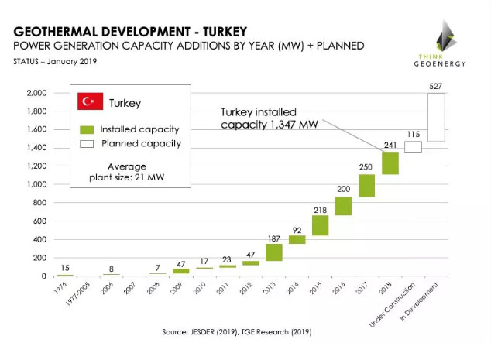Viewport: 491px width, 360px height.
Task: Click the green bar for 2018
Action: tap(390, 163)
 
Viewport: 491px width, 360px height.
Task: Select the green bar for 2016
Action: tap(344, 206)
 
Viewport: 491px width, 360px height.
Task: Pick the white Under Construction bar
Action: tap(414, 147)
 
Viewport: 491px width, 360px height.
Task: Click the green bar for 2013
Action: tap(274, 252)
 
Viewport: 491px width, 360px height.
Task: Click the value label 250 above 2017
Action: tap(367, 166)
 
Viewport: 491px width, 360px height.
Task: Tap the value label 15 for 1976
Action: tap(66, 268)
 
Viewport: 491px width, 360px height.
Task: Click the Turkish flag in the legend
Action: tap(91, 101)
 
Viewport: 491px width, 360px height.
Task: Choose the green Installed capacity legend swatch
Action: tap(86, 129)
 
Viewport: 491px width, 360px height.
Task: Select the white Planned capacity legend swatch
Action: tap(86, 143)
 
